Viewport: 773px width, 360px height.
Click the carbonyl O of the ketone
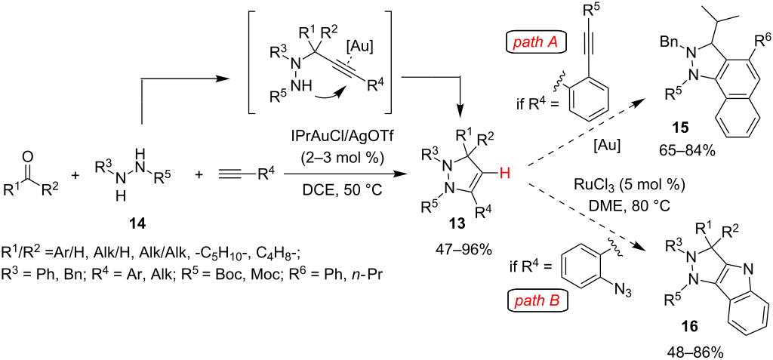pyautogui.click(x=27, y=158)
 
